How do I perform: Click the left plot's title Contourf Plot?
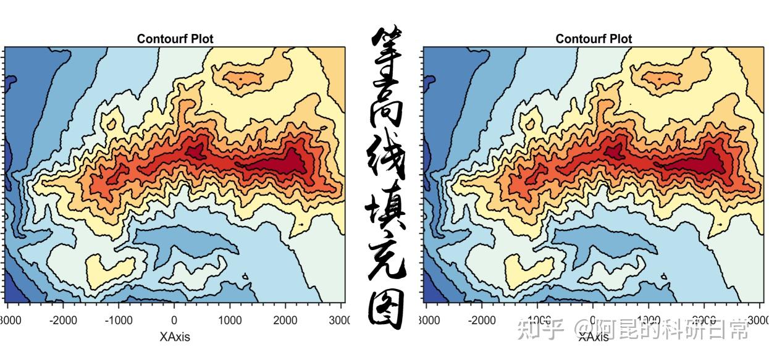[x=175, y=39]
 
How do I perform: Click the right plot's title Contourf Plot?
[x=594, y=39]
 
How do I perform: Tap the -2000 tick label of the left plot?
[x=63, y=320]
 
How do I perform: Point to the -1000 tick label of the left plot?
[x=119, y=320]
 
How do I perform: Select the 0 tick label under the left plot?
[x=174, y=320]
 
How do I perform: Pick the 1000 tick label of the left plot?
[x=230, y=320]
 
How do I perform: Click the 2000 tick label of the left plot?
[x=285, y=320]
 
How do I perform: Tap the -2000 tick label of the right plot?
[x=482, y=320]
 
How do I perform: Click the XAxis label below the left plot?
[x=175, y=337]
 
